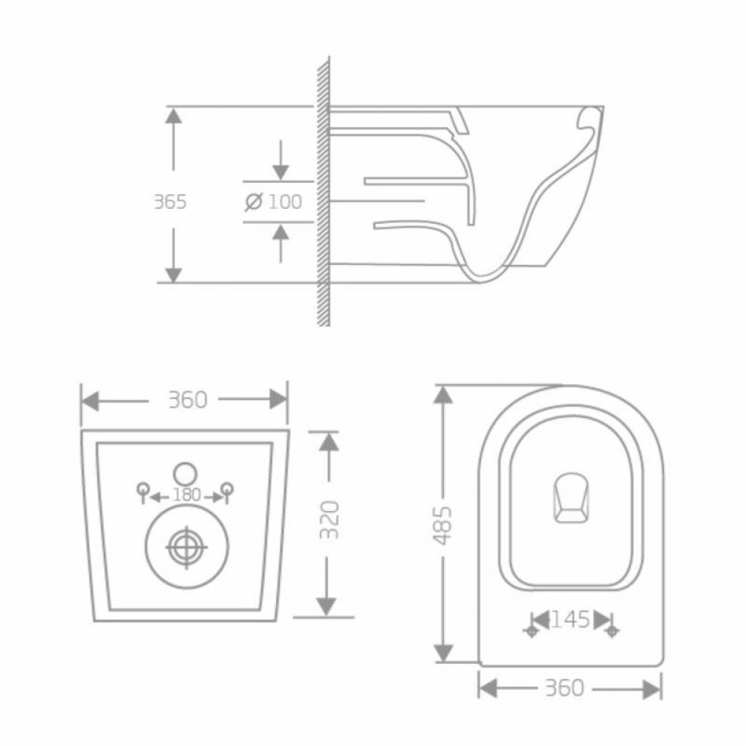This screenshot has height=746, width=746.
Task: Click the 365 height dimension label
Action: click(169, 201)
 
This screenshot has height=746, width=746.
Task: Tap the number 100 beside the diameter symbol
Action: click(285, 201)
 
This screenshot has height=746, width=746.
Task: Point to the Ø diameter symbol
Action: click(254, 201)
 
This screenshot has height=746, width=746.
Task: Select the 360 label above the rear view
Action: click(186, 400)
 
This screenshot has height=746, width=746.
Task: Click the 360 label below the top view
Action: click(565, 688)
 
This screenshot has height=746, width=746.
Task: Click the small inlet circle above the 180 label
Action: click(184, 473)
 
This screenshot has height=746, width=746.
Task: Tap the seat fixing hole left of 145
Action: click(532, 631)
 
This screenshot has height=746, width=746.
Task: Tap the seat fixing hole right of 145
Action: click(612, 631)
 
